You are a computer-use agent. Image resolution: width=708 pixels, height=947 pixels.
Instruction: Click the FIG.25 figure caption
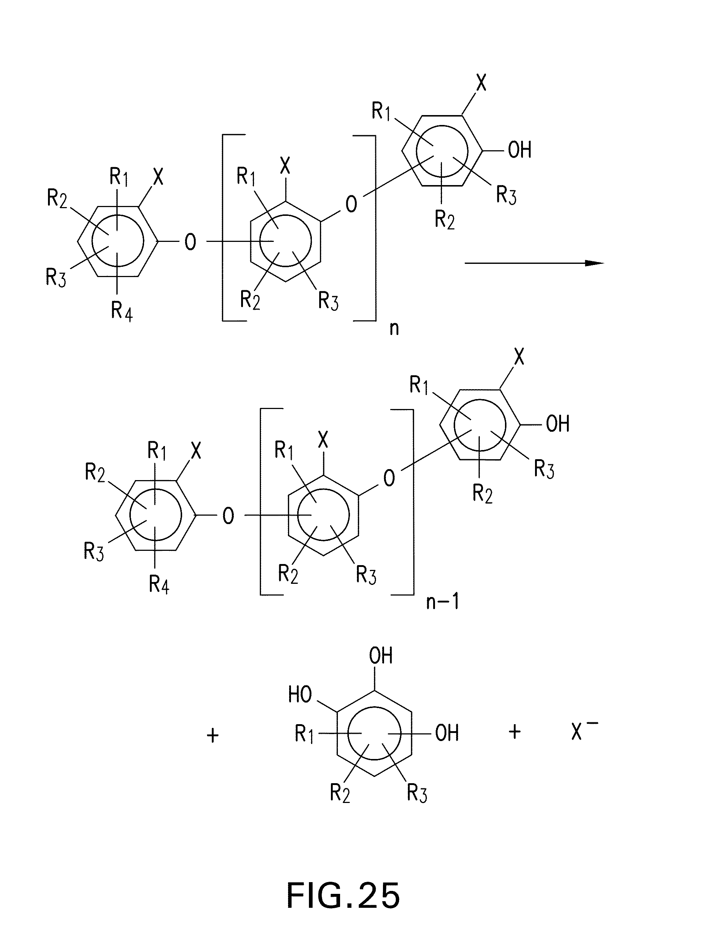(x=343, y=895)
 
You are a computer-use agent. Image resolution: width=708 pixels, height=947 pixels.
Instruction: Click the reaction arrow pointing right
(x=534, y=263)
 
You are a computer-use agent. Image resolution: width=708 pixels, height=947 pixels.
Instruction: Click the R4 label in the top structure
(x=122, y=311)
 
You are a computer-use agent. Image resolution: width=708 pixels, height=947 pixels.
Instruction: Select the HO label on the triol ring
(x=300, y=695)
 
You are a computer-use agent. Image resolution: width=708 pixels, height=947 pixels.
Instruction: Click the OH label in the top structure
(x=519, y=150)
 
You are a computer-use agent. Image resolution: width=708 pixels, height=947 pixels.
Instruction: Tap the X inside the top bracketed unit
(x=285, y=165)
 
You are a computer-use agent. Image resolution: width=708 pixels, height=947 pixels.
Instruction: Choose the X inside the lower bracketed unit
(x=323, y=439)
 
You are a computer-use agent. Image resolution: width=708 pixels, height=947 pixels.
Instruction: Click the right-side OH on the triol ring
(x=447, y=733)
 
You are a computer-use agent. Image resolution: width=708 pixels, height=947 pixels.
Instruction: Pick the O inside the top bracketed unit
(x=351, y=204)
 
